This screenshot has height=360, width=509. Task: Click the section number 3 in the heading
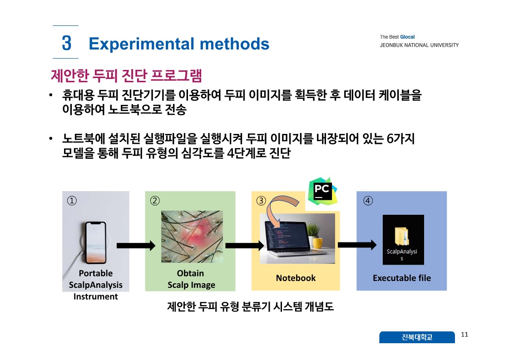[x=67, y=43]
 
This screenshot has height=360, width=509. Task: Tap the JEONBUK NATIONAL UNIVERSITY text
[x=419, y=45]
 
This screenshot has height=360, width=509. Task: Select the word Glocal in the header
[x=407, y=37]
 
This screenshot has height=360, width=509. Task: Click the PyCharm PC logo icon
[x=323, y=191]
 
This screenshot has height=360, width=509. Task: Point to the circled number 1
[x=72, y=201]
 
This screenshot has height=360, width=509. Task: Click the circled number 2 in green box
[x=155, y=201]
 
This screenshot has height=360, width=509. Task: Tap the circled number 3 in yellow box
[x=261, y=201]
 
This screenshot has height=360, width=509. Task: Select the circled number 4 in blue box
[x=367, y=201]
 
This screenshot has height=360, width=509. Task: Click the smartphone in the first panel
[x=95, y=243]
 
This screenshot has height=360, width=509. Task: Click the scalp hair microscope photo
[x=192, y=237]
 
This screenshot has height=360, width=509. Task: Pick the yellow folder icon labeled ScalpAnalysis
[x=401, y=236]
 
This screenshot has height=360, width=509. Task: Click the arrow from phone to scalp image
[x=136, y=246]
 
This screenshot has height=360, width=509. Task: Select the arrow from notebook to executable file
[x=357, y=245]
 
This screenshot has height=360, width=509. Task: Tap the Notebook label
[x=296, y=278]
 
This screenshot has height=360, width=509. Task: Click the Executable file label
[x=402, y=278]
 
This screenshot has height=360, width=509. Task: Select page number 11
[x=465, y=335]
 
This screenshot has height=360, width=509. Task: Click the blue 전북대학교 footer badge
[x=417, y=337]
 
